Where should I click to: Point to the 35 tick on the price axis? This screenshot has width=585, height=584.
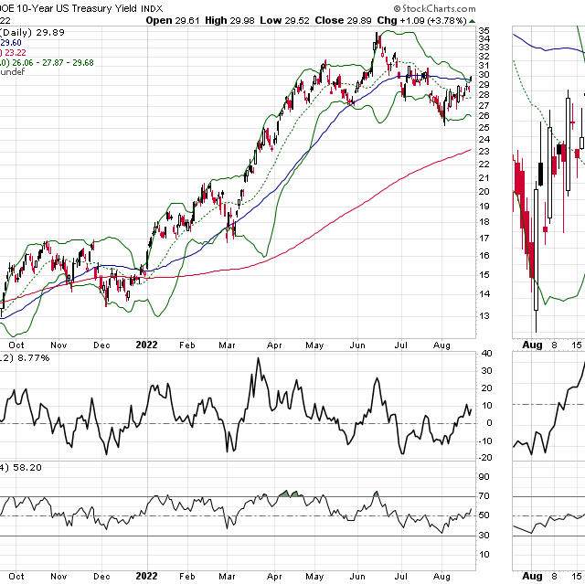484,30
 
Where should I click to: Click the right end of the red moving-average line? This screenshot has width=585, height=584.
470,150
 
